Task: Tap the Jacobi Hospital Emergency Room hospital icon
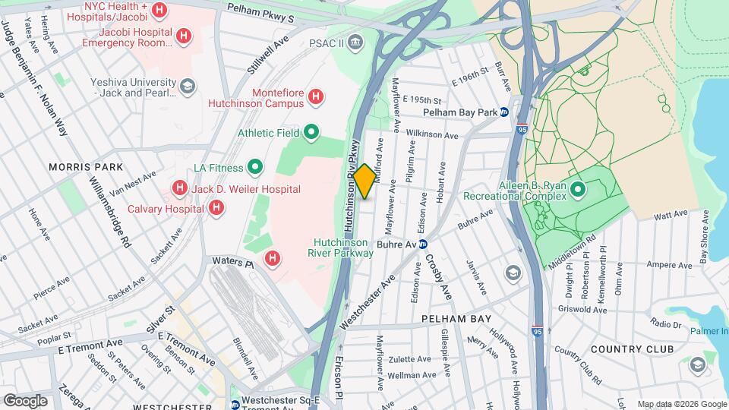(x=183, y=36)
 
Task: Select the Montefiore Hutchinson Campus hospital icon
(x=316, y=96)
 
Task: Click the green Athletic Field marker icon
(x=311, y=133)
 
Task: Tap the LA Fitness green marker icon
(x=255, y=167)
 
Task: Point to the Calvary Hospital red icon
(x=216, y=207)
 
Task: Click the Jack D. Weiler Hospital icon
(x=179, y=187)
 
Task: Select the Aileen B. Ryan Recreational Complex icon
(x=576, y=188)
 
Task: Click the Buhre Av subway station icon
(x=424, y=244)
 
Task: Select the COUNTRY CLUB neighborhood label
(x=631, y=349)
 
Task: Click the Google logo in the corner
(x=24, y=400)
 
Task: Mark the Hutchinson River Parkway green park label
(x=343, y=248)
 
